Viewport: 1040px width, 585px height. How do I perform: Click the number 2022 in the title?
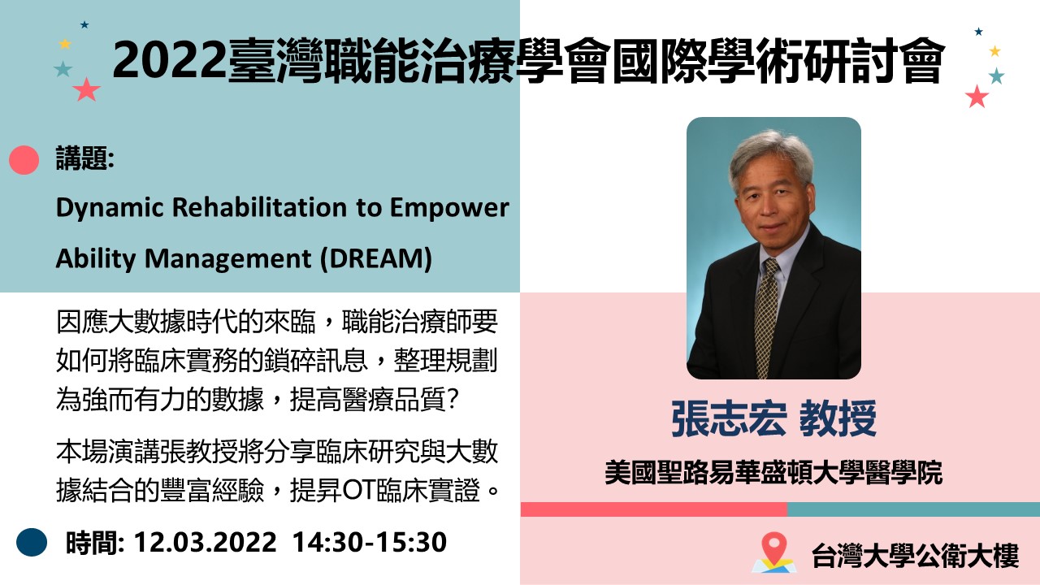(169, 61)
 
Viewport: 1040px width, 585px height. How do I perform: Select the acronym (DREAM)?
(376, 258)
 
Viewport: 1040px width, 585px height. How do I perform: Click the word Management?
(228, 259)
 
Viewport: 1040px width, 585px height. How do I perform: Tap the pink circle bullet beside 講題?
(24, 160)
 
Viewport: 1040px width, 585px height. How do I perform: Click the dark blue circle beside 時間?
(32, 542)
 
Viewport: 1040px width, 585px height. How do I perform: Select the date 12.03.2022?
(206, 542)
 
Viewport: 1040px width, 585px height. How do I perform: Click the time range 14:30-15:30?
(370, 542)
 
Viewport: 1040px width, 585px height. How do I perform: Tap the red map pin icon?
(774, 548)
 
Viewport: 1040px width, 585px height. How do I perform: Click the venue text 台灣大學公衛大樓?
(915, 555)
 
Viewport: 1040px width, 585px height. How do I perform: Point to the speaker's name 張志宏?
(729, 418)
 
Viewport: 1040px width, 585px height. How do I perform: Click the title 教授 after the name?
(838, 418)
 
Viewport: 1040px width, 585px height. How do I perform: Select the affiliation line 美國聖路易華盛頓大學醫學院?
(773, 473)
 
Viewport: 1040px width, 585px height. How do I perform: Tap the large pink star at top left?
(86, 89)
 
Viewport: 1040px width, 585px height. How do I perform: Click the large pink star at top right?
(977, 97)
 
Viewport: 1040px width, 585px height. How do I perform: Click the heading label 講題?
(85, 158)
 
